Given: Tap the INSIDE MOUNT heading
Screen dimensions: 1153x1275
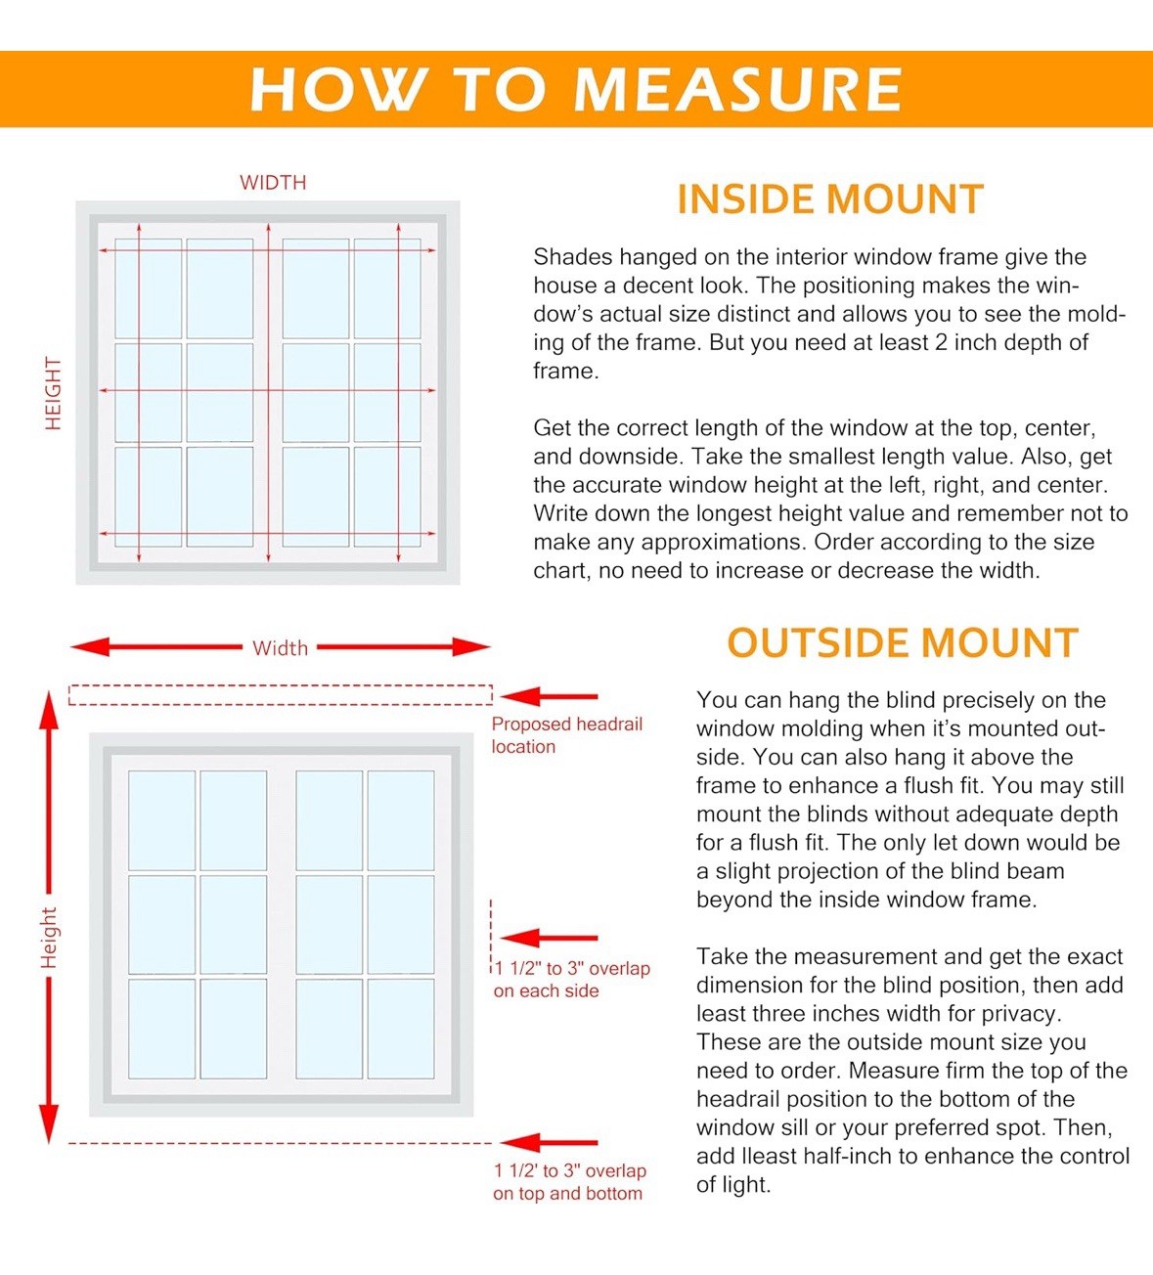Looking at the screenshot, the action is (x=830, y=199).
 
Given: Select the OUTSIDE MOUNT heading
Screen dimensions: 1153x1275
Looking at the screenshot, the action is (x=903, y=642).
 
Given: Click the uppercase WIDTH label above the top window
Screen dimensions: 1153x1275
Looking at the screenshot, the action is (x=273, y=183).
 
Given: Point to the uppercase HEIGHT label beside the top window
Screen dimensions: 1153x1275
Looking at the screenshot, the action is (x=54, y=393).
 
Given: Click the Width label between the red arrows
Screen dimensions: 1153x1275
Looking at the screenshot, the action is (x=280, y=648).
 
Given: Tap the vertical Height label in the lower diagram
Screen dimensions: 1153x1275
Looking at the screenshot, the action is (x=49, y=938).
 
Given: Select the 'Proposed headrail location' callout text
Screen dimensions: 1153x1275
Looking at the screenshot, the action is (x=566, y=735).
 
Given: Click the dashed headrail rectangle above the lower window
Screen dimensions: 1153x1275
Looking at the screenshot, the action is (x=281, y=685).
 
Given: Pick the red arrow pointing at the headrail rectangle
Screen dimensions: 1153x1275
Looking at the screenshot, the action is (x=550, y=696).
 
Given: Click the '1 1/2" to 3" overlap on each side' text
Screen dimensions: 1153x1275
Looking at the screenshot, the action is (x=572, y=980).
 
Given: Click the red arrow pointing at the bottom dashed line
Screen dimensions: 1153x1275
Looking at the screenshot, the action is (x=550, y=1143).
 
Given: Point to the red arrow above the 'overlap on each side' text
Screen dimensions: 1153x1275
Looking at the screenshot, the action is (x=550, y=938).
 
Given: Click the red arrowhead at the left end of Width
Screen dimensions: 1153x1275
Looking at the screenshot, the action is (x=89, y=647).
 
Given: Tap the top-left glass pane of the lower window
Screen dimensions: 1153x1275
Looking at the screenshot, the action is (x=161, y=820).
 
